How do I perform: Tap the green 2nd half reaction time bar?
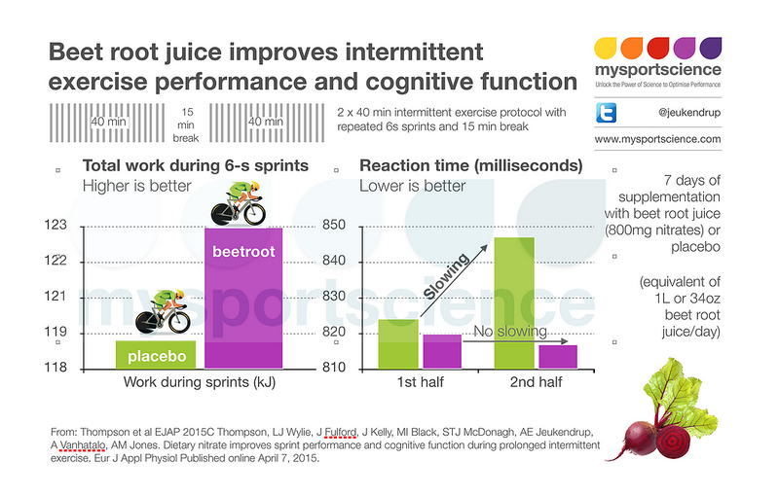(513, 302)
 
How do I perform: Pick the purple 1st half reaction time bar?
(441, 350)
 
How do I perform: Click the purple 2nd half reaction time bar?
(558, 356)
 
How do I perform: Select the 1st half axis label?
(421, 382)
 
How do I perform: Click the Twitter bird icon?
(607, 113)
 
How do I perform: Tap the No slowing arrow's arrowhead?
(566, 341)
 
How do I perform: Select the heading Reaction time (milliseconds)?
(471, 166)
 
